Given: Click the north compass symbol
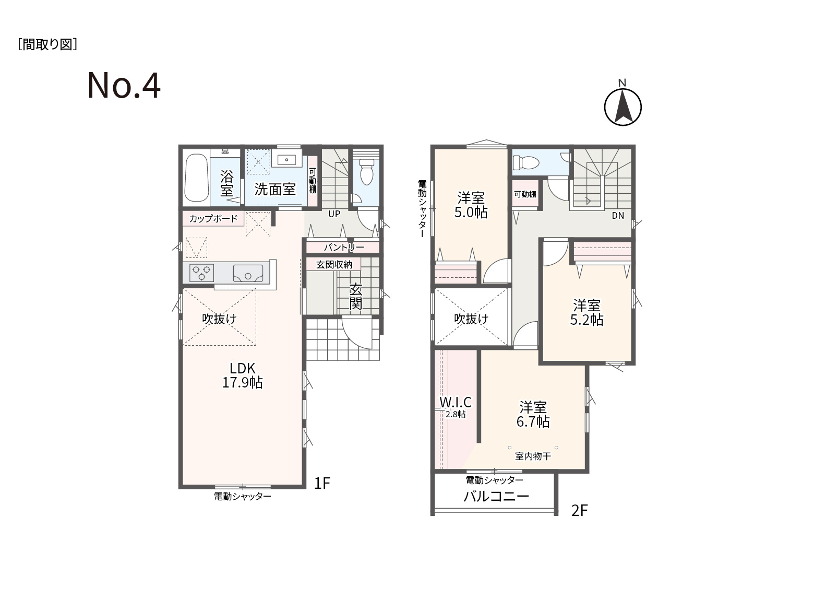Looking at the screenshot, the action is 623,104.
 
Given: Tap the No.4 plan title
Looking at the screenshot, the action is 124,86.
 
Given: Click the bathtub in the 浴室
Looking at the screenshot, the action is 197,178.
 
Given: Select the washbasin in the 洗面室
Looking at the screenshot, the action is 286,159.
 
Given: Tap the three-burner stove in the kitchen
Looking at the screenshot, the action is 201,273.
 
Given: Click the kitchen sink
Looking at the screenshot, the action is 248,274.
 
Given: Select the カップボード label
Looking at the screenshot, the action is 213,218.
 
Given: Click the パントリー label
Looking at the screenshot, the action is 344,247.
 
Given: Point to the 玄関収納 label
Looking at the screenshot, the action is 334,265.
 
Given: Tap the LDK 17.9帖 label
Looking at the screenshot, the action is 243,375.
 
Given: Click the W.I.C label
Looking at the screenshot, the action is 456,402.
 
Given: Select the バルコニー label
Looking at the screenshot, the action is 496,496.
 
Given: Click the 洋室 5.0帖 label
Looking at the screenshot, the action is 471,205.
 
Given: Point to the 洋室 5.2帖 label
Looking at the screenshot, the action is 586,312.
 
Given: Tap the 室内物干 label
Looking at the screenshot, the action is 533,456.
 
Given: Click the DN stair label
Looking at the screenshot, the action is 618,216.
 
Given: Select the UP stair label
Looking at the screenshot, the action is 334,214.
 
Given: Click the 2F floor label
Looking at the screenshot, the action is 580,510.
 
